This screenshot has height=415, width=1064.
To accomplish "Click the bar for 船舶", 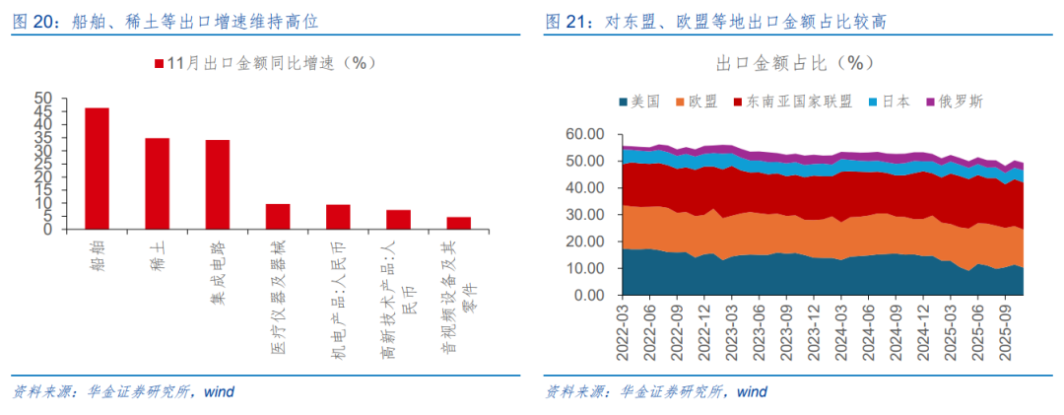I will pyautogui.click(x=97, y=169).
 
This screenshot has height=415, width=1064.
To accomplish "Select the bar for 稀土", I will pyautogui.click(x=158, y=183).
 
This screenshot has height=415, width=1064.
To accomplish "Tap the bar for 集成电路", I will pyautogui.click(x=218, y=184).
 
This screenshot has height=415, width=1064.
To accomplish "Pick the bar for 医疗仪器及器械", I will pyautogui.click(x=278, y=217).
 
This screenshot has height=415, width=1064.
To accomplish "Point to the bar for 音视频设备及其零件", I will pyautogui.click(x=459, y=223).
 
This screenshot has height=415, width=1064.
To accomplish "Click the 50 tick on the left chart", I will pyautogui.click(x=43, y=100).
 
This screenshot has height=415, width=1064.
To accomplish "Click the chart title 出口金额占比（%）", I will pyautogui.click(x=795, y=63).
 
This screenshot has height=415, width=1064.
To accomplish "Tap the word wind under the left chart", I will pyautogui.click(x=220, y=391).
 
